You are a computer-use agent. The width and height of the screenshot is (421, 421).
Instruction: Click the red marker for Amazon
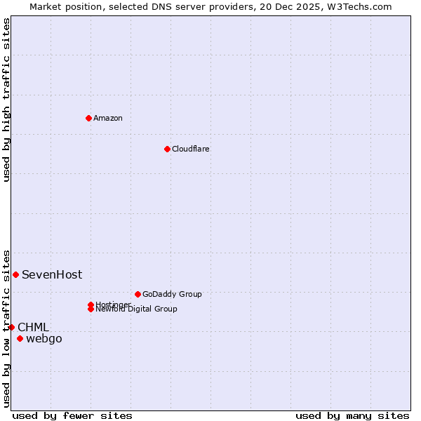point(88,118)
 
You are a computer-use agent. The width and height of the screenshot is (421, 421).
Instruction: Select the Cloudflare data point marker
point(167,149)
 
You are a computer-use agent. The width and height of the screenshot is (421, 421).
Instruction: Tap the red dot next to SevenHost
point(15,274)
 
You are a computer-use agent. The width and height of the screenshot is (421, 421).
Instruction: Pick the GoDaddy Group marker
point(138,294)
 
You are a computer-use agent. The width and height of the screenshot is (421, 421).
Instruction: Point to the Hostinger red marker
point(91,305)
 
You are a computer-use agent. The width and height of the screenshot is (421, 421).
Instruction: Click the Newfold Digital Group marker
point(91,309)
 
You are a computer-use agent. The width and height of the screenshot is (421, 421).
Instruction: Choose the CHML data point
point(11,327)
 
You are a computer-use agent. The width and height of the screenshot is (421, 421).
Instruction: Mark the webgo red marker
point(20,339)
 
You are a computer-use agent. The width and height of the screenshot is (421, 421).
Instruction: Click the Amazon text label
point(108,118)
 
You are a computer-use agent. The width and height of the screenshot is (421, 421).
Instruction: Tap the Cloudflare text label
point(191,149)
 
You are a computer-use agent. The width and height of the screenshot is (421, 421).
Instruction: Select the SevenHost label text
point(52,274)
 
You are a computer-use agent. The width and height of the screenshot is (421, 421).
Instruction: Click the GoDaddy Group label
point(172,294)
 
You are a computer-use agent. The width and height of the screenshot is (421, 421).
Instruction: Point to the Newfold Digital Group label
point(137,309)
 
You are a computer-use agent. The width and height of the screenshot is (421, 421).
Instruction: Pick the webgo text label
point(44,339)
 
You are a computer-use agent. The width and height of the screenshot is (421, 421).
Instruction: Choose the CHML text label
point(33,327)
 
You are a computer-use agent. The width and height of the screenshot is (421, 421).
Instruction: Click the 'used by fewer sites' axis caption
point(72,415)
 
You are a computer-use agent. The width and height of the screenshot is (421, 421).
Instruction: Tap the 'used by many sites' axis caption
point(352,415)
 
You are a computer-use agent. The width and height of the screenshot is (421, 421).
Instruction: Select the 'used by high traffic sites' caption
point(6,100)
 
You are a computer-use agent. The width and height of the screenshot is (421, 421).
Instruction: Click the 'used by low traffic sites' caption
point(6,328)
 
